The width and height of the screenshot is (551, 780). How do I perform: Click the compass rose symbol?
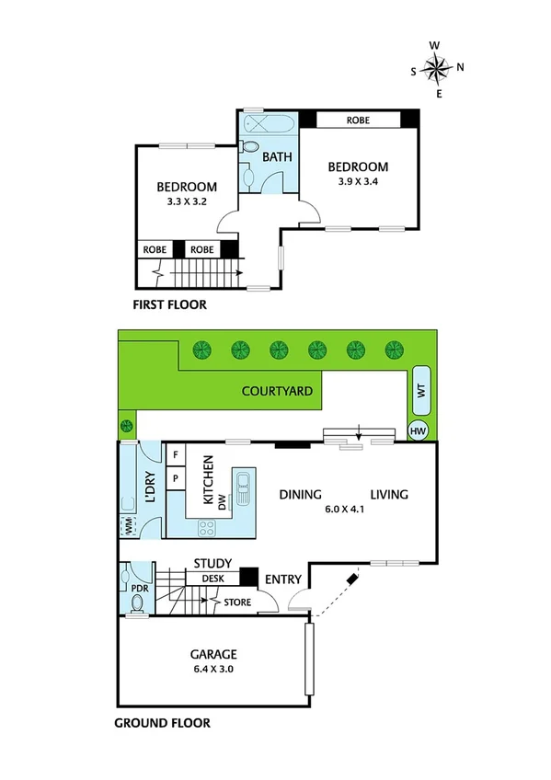(x=438, y=67)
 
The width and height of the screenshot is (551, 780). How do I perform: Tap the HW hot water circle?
(x=419, y=430)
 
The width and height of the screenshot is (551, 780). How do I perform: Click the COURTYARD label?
(x=277, y=391)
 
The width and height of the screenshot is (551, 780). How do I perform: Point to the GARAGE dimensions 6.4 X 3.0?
(x=213, y=670)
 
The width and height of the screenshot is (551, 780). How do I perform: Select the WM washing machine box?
(x=127, y=526)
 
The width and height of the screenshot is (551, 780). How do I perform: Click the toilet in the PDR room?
(x=136, y=602)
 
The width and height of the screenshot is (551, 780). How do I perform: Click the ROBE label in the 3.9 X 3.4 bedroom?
(x=359, y=120)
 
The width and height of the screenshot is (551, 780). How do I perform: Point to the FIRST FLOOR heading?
(x=169, y=305)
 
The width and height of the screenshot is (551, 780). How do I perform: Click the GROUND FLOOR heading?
(x=162, y=723)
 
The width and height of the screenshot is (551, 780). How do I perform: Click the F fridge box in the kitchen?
(x=175, y=454)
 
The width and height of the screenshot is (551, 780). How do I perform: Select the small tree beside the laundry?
(x=127, y=427)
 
